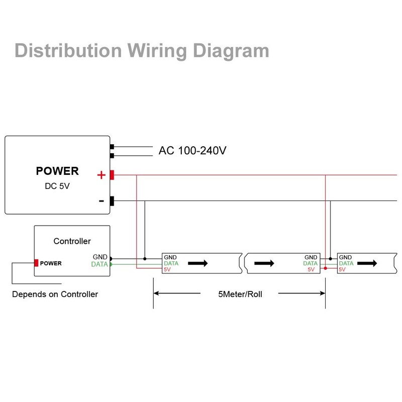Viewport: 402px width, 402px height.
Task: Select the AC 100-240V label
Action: pos(192,150)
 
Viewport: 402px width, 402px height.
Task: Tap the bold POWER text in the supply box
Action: pos(57,171)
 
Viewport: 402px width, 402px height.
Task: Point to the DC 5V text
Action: pos(57,186)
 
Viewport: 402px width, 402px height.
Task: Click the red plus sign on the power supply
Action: pos(101,175)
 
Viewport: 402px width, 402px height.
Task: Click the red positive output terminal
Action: pos(112,175)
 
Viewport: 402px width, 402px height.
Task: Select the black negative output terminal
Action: pos(112,201)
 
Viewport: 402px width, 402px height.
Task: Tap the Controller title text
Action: pos(72,241)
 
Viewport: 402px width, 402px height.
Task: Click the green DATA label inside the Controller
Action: pos(99,264)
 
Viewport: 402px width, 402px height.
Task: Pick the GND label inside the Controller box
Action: pos(100,257)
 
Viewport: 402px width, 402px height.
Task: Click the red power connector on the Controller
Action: pos(36,263)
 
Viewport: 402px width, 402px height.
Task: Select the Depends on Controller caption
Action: pos(55,294)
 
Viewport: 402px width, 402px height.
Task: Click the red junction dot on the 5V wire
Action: pos(325,269)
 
